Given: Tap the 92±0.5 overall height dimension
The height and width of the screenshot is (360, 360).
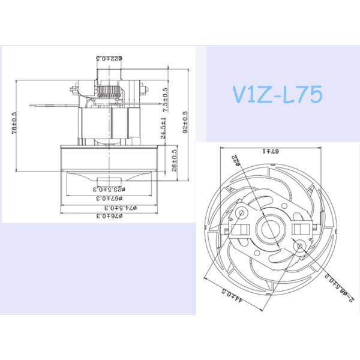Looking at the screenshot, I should [x=186, y=121].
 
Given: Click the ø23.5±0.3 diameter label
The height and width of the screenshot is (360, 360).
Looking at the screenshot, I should [x=109, y=188].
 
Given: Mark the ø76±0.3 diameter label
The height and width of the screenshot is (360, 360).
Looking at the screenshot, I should [x=109, y=215].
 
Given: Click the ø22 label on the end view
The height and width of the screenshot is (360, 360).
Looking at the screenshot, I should [x=235, y=163].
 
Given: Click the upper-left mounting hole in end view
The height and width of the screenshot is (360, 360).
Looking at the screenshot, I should [x=241, y=212].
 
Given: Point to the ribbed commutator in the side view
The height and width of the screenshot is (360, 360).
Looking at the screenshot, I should [x=110, y=94].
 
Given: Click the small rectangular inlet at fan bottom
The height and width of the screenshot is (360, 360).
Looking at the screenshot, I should [x=109, y=181].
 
